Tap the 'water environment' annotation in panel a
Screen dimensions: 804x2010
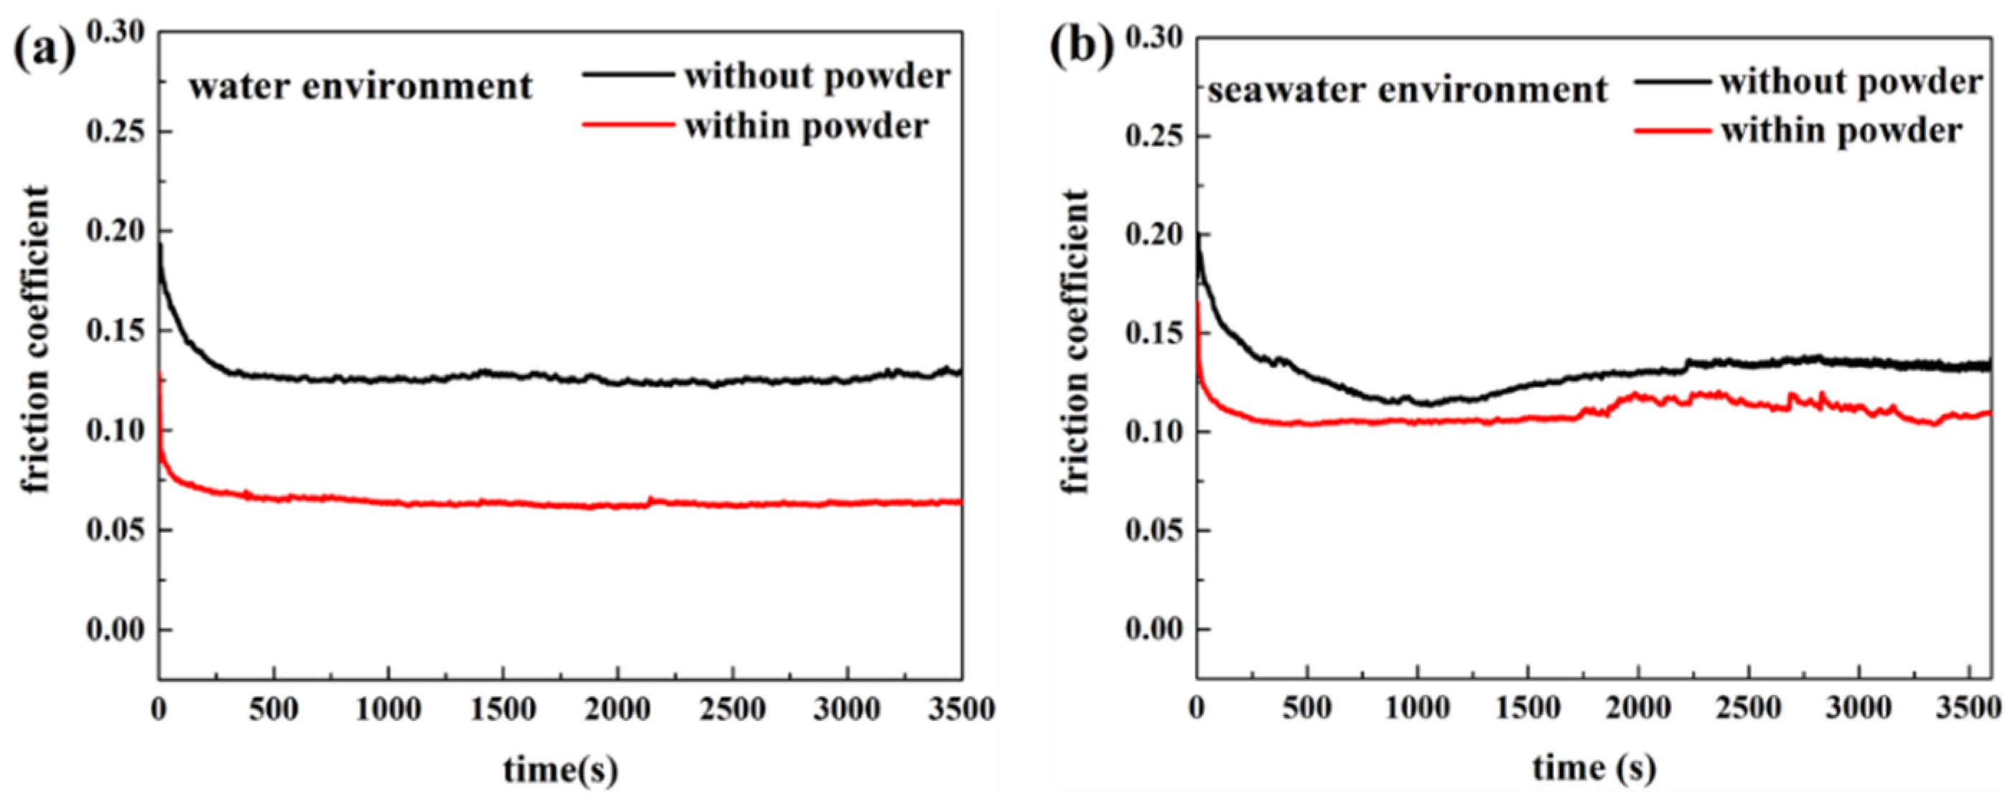(x=360, y=86)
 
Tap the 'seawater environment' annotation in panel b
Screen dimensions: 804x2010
(x=1407, y=91)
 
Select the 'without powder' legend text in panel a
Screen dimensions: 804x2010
(x=817, y=77)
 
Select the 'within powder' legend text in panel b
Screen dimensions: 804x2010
(x=1841, y=131)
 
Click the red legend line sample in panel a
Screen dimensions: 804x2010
(x=628, y=124)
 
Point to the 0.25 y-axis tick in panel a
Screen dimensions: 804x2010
(x=118, y=131)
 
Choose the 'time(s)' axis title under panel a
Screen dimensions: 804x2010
(x=560, y=770)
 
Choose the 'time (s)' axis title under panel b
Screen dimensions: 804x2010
(x=1594, y=768)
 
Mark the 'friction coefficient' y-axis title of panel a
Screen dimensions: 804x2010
(x=36, y=339)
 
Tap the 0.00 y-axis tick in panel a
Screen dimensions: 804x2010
(x=118, y=629)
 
